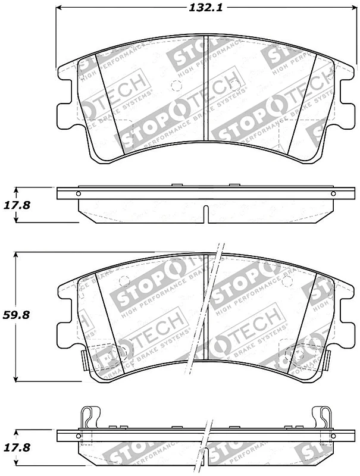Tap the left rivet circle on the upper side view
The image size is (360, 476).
pyautogui.click(x=77, y=193)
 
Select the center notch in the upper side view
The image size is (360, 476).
pyautogui.click(x=205, y=213)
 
